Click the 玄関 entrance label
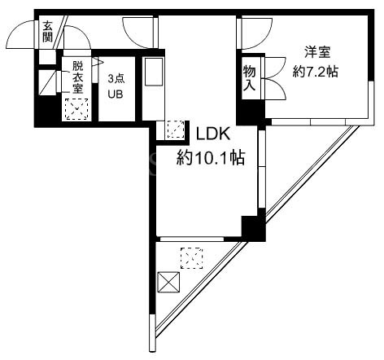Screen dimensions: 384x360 pos(47,32)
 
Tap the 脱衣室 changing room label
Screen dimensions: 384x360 pos(78,77)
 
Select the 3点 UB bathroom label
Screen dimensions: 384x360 pos(116,86)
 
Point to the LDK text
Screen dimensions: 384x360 pos(213,134)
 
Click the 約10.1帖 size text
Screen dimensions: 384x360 pos(211,158)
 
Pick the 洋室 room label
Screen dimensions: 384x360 pos(317,52)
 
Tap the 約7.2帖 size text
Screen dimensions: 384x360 pos(315,72)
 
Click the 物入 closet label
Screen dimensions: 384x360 pos(250,78)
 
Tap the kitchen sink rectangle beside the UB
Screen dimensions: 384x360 pos(154,72)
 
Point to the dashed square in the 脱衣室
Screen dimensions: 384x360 pos(77,109)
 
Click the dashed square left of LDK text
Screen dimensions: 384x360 pos(175,130)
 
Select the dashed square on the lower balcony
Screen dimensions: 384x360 pos(192,258)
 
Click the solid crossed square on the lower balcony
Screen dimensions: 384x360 pos(168,283)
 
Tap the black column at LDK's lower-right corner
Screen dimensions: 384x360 pos(254,227)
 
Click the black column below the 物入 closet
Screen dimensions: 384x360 pos(251,112)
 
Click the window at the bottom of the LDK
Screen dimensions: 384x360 pos(192,239)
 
